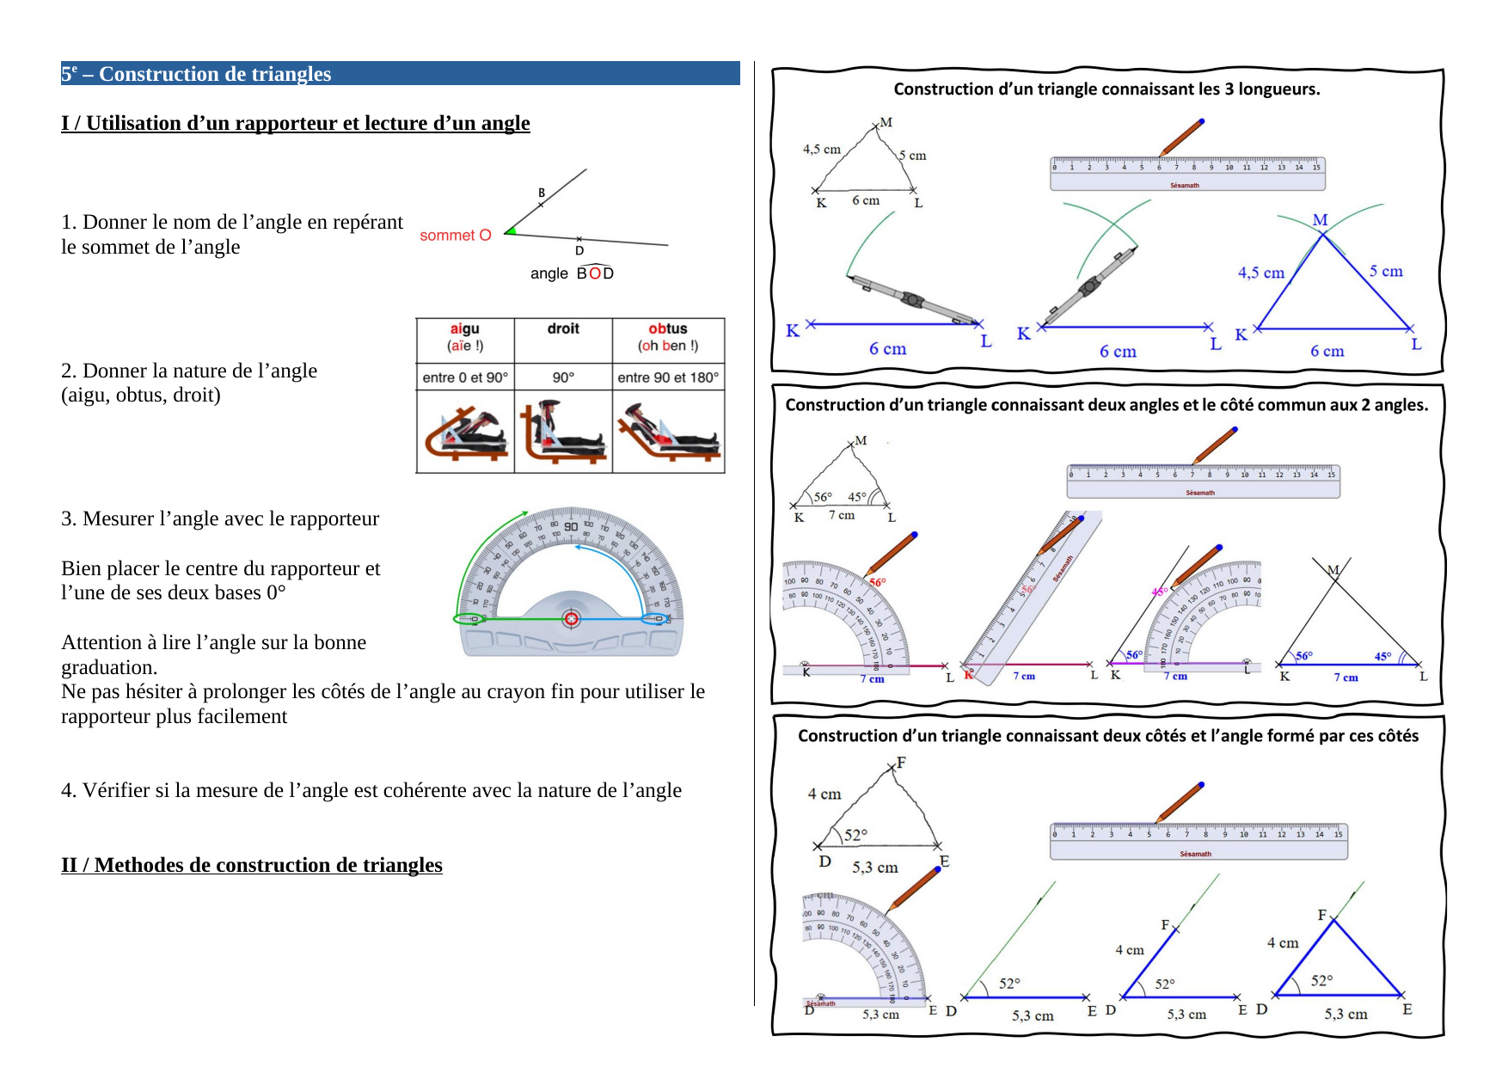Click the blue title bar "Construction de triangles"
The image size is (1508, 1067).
[x=400, y=73]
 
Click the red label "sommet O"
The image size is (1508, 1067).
[x=455, y=236]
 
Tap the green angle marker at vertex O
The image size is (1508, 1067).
[x=512, y=230]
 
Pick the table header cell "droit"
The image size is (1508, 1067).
[x=563, y=329]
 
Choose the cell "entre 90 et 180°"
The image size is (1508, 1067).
[x=668, y=377]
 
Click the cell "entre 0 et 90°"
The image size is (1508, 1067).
[x=465, y=377]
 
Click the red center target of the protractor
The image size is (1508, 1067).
[x=571, y=618]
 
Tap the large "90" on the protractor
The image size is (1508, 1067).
[x=571, y=526]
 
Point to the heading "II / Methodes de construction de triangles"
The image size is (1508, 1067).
[x=251, y=865]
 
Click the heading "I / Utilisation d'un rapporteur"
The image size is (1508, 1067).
[x=295, y=123]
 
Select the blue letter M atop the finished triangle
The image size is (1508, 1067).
[x=1320, y=220]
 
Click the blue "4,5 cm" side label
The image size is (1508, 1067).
[x=1260, y=273]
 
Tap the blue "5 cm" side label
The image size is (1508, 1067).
[x=1385, y=271]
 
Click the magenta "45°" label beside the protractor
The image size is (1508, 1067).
[x=1159, y=592]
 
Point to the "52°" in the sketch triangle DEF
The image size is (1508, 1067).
[x=855, y=834]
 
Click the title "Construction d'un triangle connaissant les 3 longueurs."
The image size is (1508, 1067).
[x=1106, y=89]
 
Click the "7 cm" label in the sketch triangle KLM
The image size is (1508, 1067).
[x=841, y=515]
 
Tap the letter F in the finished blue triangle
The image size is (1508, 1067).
[x=1322, y=915]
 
